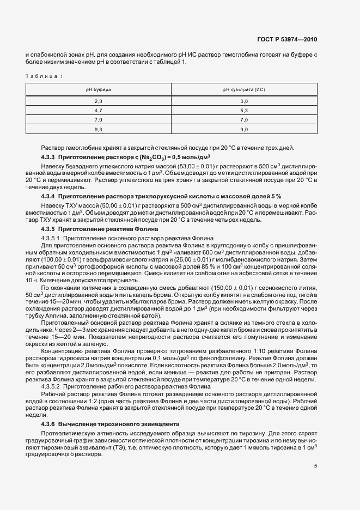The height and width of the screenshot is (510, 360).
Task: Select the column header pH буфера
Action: click(x=98, y=89)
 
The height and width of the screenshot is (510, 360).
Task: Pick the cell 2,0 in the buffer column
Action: click(x=98, y=101)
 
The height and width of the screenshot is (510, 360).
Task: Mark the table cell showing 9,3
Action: click(x=98, y=129)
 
